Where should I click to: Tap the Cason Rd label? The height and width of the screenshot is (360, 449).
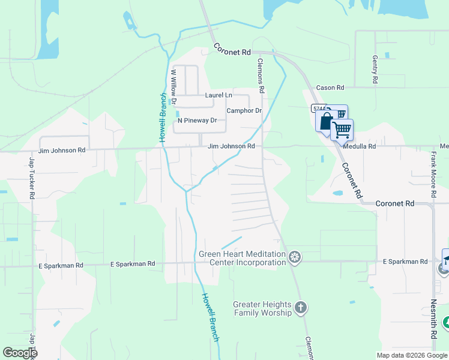click(x=330, y=88)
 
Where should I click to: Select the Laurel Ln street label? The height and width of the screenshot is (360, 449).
click(x=218, y=95)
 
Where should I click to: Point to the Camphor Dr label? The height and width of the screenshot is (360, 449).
click(x=244, y=111)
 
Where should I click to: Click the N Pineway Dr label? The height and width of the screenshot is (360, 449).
click(x=197, y=121)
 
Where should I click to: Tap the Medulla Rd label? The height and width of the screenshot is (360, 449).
click(x=360, y=146)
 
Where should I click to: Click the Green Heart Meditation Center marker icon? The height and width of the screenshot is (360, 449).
click(x=295, y=258)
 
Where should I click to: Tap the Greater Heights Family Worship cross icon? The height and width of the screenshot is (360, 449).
click(x=301, y=308)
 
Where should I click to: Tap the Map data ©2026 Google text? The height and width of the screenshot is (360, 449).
click(x=412, y=355)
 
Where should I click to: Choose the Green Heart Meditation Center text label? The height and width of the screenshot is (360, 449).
click(x=243, y=258)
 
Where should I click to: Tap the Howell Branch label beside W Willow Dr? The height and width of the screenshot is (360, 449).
click(x=162, y=118)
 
